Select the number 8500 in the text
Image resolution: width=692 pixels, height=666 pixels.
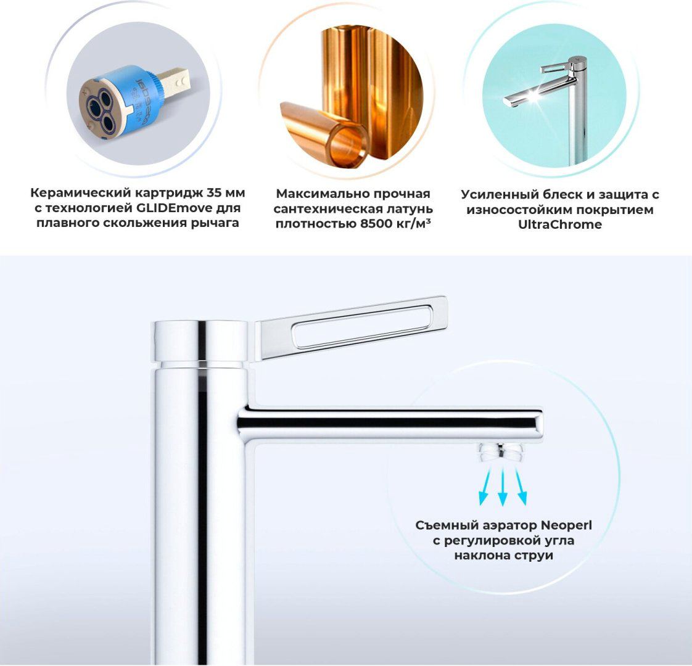(376, 223)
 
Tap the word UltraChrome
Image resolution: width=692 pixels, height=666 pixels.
(559, 224)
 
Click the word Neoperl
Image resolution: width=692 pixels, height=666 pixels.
(566, 525)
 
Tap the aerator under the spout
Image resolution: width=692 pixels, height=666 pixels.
(502, 453)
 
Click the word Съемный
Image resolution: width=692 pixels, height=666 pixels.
(447, 525)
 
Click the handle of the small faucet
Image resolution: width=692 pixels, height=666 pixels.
(556, 68)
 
